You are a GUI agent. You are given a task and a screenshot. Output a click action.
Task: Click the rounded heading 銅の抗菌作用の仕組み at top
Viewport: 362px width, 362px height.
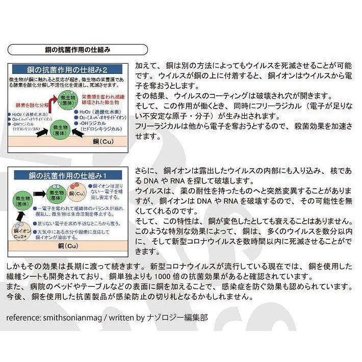[x=77, y=49]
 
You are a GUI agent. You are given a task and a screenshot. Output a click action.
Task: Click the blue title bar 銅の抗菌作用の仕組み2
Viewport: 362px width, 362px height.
[x=68, y=69]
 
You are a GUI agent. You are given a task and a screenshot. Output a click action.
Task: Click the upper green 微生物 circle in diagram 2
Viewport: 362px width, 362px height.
[x=68, y=99]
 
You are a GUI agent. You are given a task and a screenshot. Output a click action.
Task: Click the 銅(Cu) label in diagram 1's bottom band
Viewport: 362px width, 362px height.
[x=67, y=245]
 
